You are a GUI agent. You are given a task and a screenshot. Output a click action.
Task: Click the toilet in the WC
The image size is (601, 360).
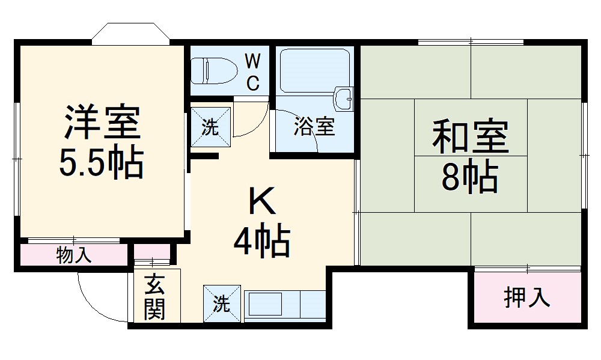click(x=213, y=71)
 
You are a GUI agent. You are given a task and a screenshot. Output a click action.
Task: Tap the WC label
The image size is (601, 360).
click(x=253, y=72)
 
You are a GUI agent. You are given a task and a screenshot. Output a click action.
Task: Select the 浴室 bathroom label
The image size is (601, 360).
click(x=314, y=127)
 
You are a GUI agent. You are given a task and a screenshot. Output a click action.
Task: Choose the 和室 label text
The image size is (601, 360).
click(x=470, y=137)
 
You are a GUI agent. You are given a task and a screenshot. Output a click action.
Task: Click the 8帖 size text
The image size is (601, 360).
click(x=470, y=175)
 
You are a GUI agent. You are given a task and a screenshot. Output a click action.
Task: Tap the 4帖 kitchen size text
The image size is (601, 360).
click(x=263, y=242)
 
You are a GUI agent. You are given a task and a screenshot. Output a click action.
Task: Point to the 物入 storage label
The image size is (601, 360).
click(x=74, y=255)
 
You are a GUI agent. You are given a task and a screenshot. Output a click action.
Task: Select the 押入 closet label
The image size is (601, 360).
click(x=526, y=297)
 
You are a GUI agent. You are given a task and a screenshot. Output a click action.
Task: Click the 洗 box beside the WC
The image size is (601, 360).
click(x=210, y=127)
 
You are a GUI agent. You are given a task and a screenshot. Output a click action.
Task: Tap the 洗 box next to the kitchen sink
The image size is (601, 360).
click(x=222, y=304)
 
